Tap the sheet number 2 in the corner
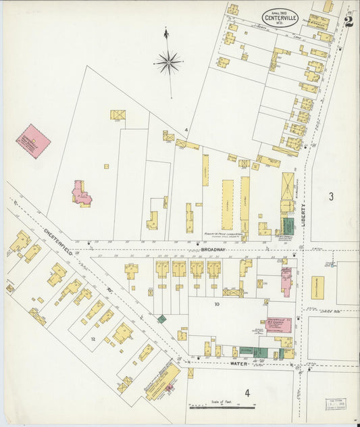point(348,21)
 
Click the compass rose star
point(168,64)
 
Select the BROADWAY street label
point(213,250)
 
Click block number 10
point(217,304)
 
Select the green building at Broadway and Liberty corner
point(288,226)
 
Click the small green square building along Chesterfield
point(161,318)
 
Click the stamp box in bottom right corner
point(336,404)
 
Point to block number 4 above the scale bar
point(247,393)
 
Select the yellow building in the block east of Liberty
point(317,283)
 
